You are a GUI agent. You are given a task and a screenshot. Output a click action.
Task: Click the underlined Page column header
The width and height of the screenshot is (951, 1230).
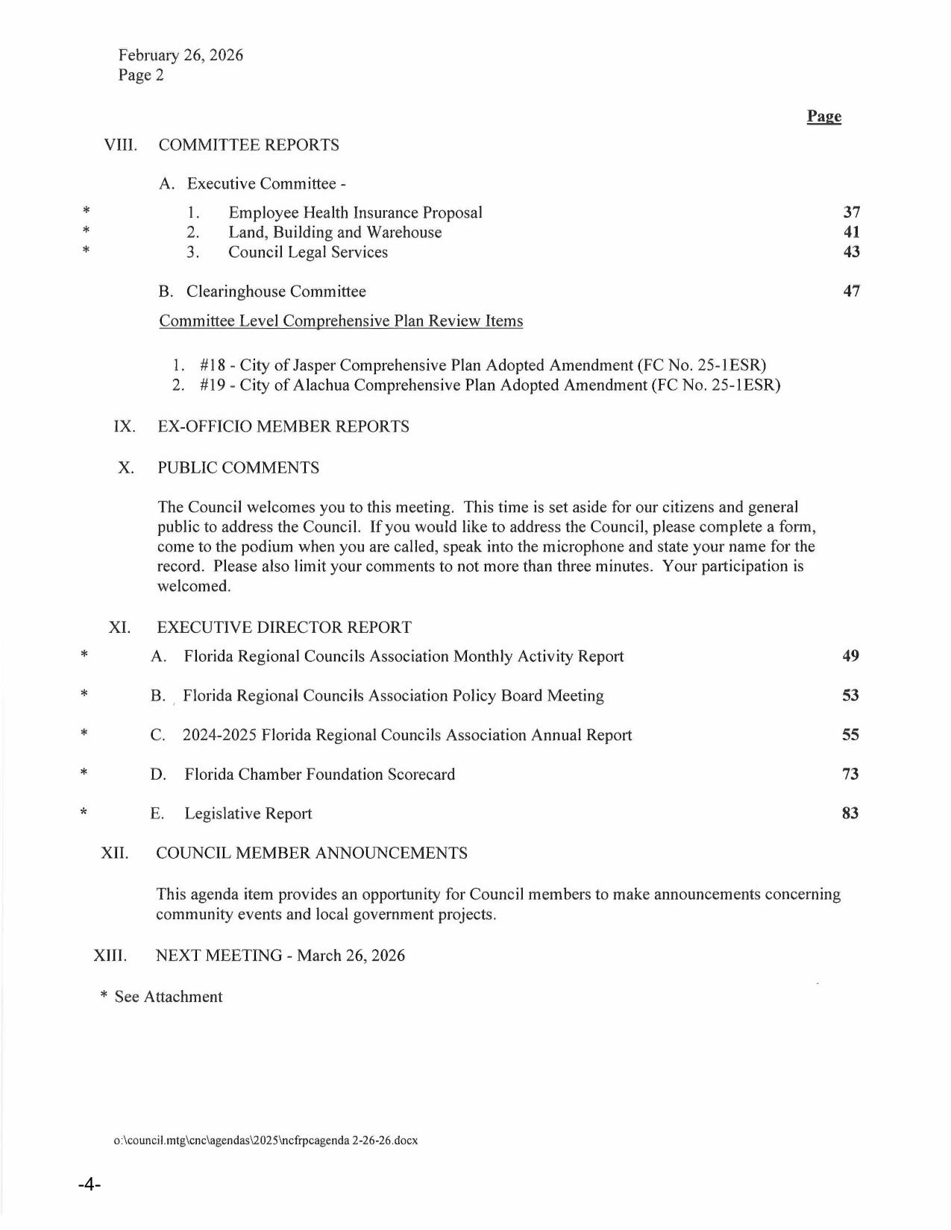(x=823, y=116)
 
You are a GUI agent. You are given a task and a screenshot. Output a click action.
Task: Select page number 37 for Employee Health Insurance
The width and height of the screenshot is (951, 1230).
(x=851, y=212)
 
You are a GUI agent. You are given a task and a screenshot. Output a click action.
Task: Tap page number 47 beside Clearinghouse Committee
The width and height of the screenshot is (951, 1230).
(x=851, y=291)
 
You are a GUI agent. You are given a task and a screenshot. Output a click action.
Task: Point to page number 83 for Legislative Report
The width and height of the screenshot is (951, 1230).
(x=850, y=813)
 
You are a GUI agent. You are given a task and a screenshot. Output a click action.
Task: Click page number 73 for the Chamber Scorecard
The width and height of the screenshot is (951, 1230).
(x=850, y=774)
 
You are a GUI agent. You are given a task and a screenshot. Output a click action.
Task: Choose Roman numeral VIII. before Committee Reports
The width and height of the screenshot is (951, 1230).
(x=121, y=145)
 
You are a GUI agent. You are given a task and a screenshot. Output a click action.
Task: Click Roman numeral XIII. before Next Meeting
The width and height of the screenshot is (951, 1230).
(x=110, y=956)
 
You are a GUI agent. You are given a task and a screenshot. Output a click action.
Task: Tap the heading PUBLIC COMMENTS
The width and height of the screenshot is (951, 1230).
(x=238, y=468)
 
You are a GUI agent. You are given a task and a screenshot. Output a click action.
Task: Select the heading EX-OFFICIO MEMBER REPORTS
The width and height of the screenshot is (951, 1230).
(x=283, y=427)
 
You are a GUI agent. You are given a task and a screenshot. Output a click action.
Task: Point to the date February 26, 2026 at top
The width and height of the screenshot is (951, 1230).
(x=181, y=55)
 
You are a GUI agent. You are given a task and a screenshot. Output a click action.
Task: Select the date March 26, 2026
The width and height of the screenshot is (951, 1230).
(x=351, y=956)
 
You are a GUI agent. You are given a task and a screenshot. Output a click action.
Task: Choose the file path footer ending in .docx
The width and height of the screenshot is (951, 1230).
(x=266, y=1141)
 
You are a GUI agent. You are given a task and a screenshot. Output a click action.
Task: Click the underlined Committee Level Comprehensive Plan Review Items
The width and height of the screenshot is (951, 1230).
(x=341, y=321)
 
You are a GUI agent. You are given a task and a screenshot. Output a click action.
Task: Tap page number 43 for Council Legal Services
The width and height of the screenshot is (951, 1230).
(x=851, y=252)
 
